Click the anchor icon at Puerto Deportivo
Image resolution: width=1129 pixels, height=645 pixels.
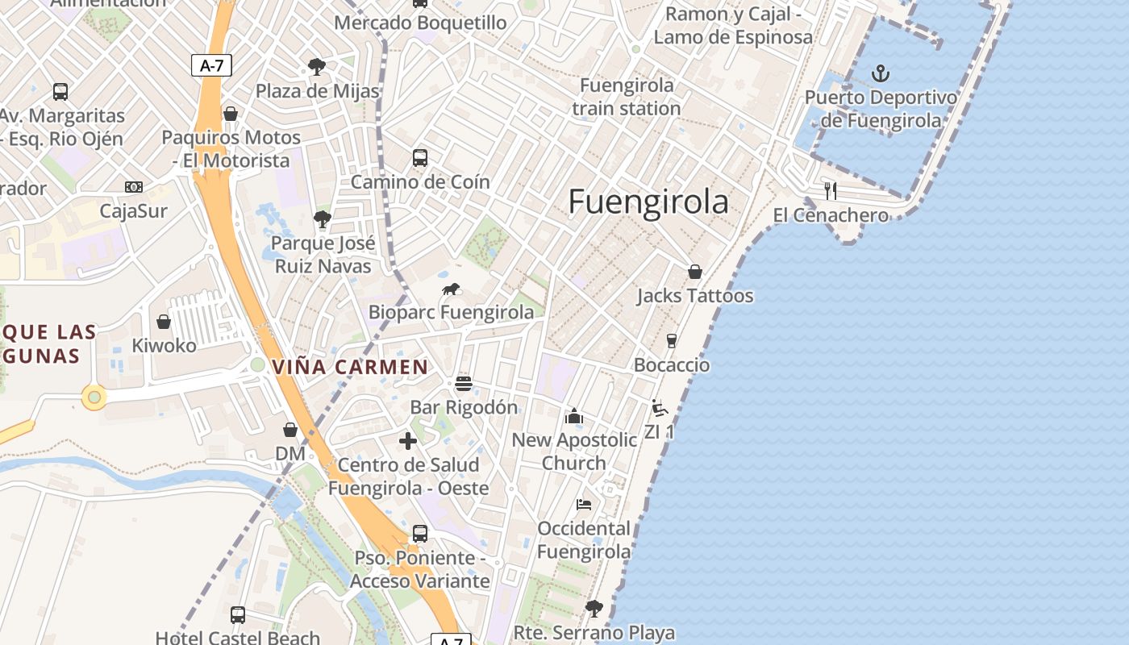[881, 74]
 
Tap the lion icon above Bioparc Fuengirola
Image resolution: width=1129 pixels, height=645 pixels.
[452, 289]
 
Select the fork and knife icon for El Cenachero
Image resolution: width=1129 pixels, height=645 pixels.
[831, 191]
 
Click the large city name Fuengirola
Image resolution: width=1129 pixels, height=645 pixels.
[648, 202]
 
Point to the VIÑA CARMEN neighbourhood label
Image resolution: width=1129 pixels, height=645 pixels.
[351, 368]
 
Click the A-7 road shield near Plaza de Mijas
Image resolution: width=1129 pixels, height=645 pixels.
[211, 66]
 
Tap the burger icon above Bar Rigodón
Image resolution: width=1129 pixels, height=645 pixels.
[463, 383]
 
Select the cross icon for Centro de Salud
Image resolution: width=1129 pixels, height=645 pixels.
[408, 441]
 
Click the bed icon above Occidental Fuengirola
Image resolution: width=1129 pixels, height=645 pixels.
[584, 505]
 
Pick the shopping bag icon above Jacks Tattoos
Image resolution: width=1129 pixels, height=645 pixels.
[694, 272]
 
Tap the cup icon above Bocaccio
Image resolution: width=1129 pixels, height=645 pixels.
[671, 341]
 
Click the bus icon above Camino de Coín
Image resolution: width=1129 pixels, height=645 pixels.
[419, 157]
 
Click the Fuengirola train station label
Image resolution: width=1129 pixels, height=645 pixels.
[627, 97]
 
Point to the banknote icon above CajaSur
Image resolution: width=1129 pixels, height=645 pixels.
[134, 187]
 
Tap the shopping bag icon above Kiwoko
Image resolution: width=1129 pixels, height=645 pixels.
[164, 322]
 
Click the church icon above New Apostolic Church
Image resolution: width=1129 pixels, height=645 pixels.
[574, 416]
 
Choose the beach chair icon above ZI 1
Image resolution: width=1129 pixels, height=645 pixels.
[659, 407]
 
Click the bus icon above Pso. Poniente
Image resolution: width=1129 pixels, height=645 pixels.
[419, 534]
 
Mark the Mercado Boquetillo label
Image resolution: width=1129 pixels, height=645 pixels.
[420, 23]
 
